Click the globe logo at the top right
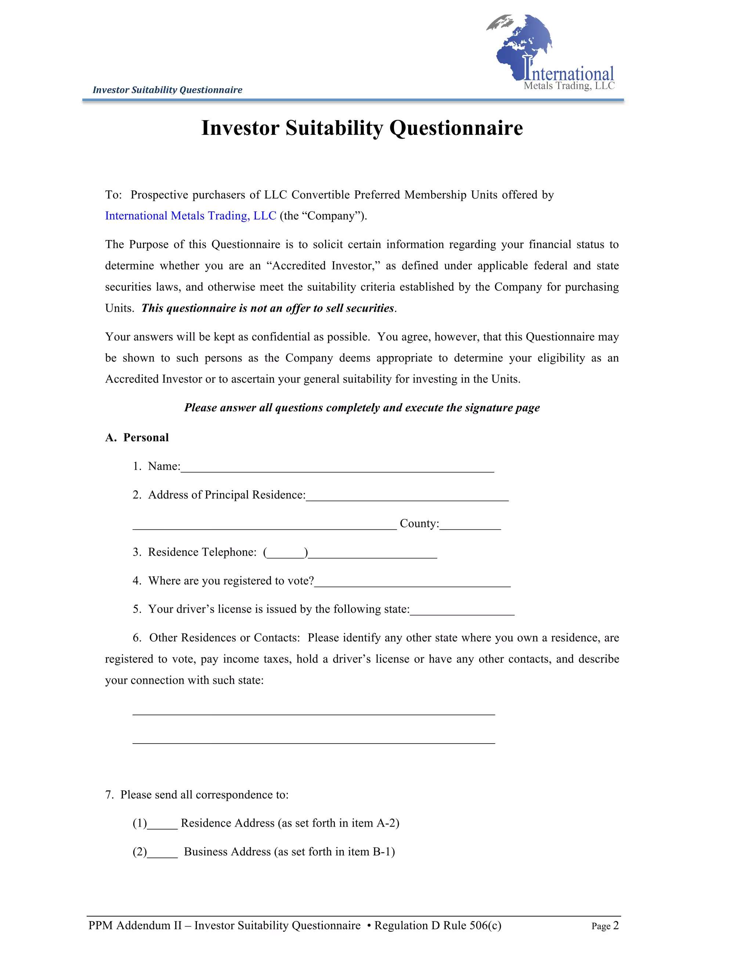[x=524, y=44]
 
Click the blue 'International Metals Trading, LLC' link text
[x=191, y=216]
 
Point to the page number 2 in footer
[x=616, y=925]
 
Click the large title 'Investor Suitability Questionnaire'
[x=362, y=128]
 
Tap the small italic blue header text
[x=167, y=90]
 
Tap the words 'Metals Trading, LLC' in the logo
[x=569, y=86]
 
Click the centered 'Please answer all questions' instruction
[x=362, y=408]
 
